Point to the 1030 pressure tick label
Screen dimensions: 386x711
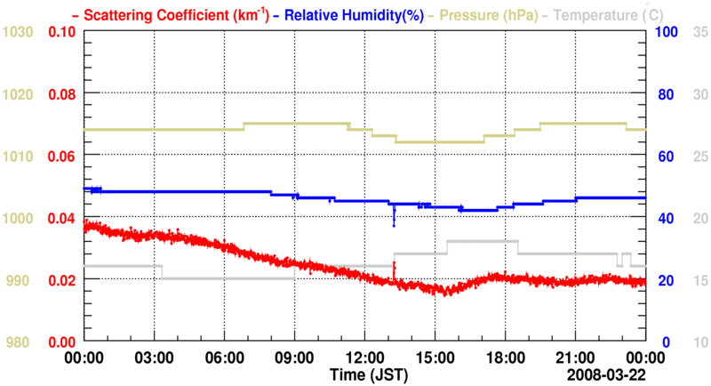(20, 32)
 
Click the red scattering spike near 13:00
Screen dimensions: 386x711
(394, 265)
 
